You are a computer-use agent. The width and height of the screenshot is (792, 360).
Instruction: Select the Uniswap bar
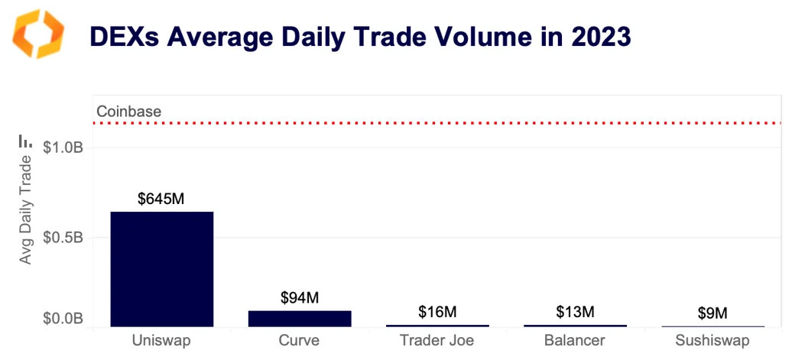coord(162,269)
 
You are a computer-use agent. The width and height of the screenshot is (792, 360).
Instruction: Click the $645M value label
coord(161,199)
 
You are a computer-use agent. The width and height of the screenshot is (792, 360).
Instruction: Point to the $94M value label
coord(300,298)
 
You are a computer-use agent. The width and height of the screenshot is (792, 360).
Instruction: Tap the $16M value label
coord(437,312)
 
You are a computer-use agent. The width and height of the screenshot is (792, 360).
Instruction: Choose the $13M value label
coord(575,312)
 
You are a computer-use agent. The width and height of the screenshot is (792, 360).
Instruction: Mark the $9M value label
coord(712,313)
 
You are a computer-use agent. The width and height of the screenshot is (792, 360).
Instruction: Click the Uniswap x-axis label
coord(162,340)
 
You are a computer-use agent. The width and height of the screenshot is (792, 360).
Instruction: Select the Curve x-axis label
coord(300,340)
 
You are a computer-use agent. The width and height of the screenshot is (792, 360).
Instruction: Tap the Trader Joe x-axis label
coord(437,340)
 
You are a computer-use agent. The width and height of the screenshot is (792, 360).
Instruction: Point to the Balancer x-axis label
coord(575,340)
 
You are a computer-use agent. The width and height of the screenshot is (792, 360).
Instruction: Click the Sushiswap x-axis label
coord(712,340)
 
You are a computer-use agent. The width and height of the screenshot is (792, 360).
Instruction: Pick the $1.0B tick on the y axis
coord(63,147)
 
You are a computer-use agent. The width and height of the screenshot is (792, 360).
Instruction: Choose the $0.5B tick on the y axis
coord(63,237)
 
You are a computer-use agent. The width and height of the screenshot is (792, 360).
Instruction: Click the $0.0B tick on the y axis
coord(63,319)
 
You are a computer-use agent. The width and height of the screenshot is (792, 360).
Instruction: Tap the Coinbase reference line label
coord(129,112)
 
